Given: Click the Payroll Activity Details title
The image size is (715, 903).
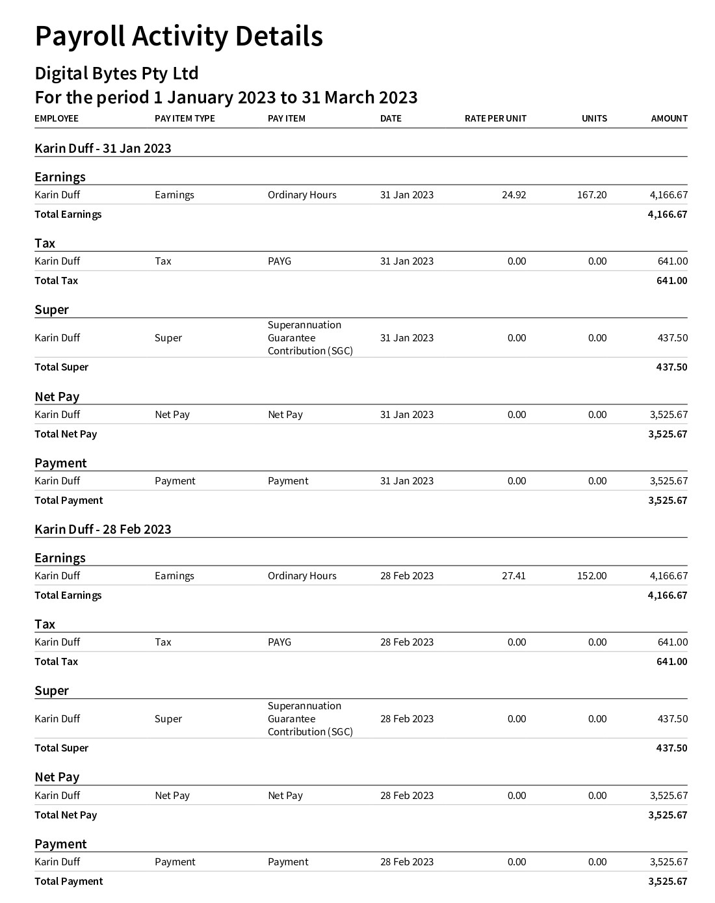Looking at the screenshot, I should (x=179, y=36).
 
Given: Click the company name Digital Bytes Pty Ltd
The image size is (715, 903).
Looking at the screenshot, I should (x=116, y=73).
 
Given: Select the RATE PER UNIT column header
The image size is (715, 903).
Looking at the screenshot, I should (x=495, y=118).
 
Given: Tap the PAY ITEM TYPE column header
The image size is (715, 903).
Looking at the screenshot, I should (x=185, y=118).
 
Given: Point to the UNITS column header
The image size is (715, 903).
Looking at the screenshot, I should (x=594, y=118).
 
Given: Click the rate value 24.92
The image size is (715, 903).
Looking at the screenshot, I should (x=513, y=195).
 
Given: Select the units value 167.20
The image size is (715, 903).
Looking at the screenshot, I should (x=591, y=195).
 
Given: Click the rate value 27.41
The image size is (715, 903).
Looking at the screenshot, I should (x=513, y=576).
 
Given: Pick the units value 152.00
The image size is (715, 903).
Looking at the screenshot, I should (x=591, y=576).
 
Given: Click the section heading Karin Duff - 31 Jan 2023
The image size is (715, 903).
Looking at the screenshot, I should (x=103, y=148).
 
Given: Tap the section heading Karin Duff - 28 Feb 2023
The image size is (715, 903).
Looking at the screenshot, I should (x=103, y=529).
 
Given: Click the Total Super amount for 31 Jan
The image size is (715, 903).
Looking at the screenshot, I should (x=671, y=367).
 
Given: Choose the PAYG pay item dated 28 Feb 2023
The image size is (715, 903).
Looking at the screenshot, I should (x=279, y=642).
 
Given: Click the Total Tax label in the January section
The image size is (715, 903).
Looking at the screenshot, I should (x=56, y=281).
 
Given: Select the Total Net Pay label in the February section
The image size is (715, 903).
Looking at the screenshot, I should (x=66, y=815).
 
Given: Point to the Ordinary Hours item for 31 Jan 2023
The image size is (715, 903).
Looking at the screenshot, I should (x=302, y=195).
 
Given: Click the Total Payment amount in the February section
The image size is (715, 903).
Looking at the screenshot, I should (x=668, y=882).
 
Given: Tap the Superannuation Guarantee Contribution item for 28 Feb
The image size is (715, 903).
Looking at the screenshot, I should (x=310, y=719).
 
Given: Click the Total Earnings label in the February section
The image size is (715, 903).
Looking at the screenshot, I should (x=68, y=595).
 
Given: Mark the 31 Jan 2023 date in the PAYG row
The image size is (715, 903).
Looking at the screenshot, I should (x=407, y=261).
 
